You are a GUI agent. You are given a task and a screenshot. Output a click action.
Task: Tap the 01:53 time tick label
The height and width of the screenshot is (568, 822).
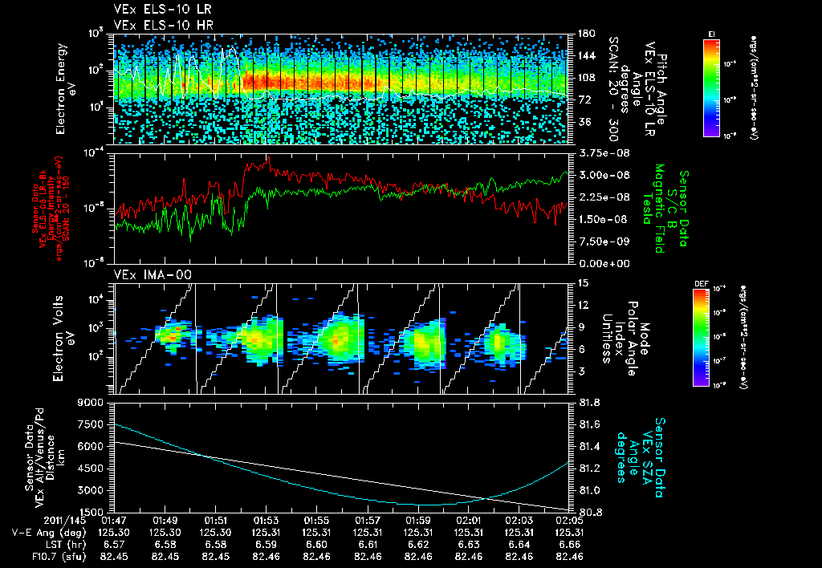266,521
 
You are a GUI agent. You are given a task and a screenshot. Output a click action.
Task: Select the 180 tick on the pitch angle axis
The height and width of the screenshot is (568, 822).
584,33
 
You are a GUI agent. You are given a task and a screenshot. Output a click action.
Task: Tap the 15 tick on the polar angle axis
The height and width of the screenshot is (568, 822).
582,282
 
